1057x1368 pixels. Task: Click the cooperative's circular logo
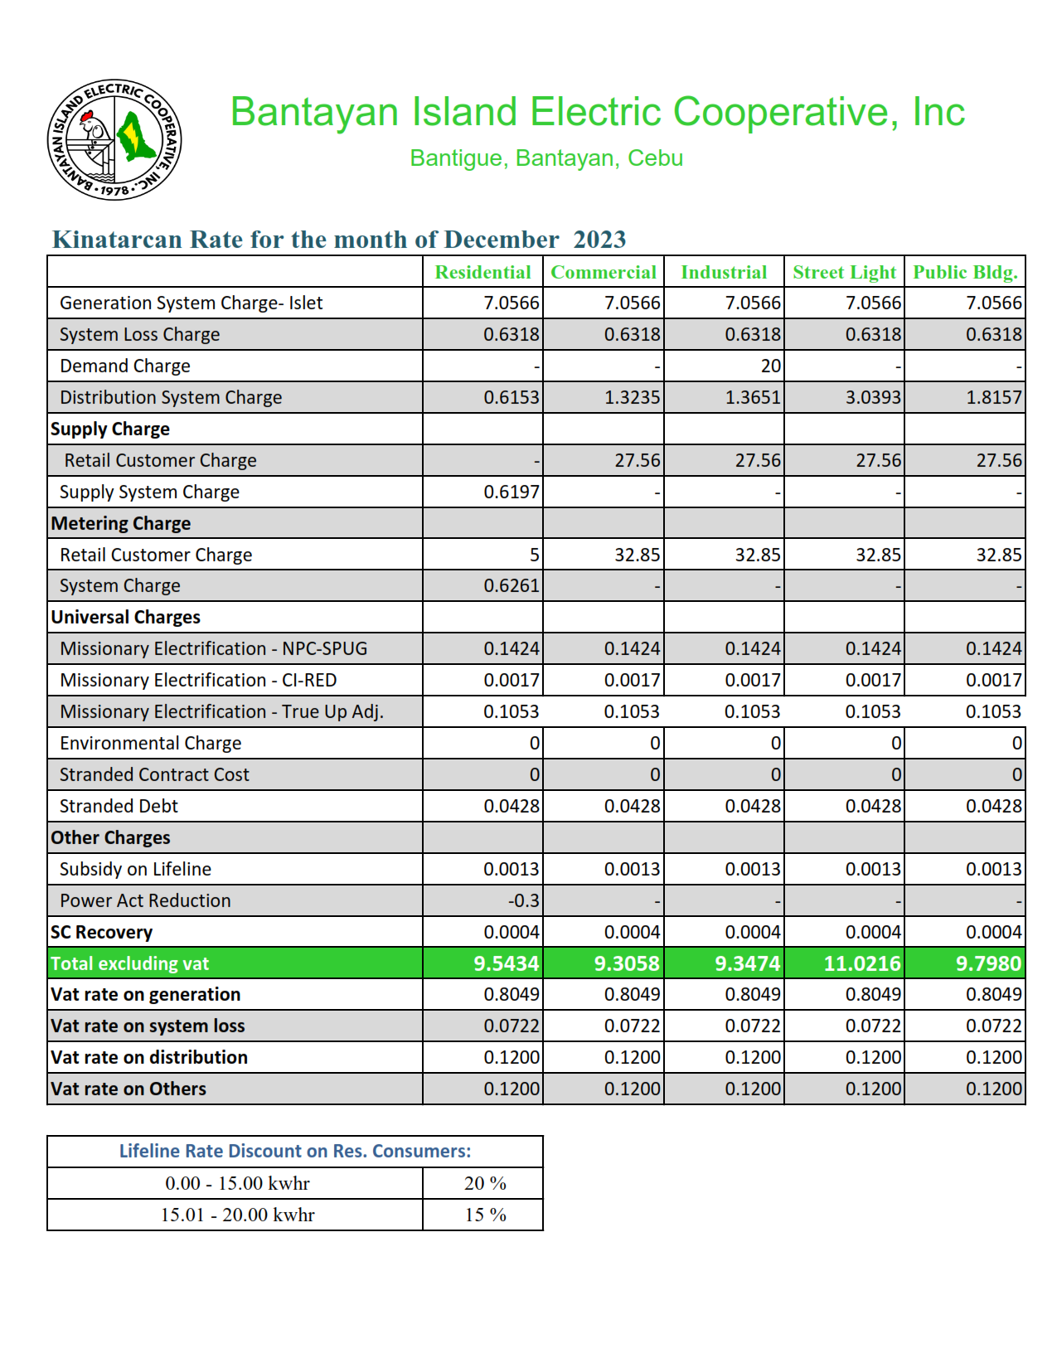click(x=114, y=140)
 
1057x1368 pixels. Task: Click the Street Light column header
click(x=844, y=272)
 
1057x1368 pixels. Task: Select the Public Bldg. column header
click(x=965, y=272)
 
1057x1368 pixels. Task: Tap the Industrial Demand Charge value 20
click(x=770, y=366)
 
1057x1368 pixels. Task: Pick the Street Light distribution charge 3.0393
click(x=872, y=397)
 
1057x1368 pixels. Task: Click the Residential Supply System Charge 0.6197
click(x=511, y=492)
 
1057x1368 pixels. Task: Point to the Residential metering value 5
click(x=534, y=555)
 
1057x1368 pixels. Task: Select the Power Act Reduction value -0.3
click(x=523, y=900)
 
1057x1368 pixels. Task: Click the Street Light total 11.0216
click(x=861, y=963)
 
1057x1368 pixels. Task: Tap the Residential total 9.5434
click(x=506, y=963)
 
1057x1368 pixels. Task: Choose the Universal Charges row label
click(x=125, y=617)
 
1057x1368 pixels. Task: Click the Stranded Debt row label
click(x=119, y=806)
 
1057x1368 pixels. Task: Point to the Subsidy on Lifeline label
click(x=135, y=869)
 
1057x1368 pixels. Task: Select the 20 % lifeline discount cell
click(x=485, y=1183)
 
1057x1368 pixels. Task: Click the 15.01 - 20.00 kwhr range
click(x=237, y=1215)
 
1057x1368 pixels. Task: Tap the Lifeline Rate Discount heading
click(x=294, y=1151)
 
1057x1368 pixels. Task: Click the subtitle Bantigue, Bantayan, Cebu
click(x=546, y=158)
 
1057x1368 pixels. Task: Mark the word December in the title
click(x=501, y=240)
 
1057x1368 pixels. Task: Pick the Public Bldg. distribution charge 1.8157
click(x=993, y=397)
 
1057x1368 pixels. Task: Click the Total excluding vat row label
click(x=129, y=963)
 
